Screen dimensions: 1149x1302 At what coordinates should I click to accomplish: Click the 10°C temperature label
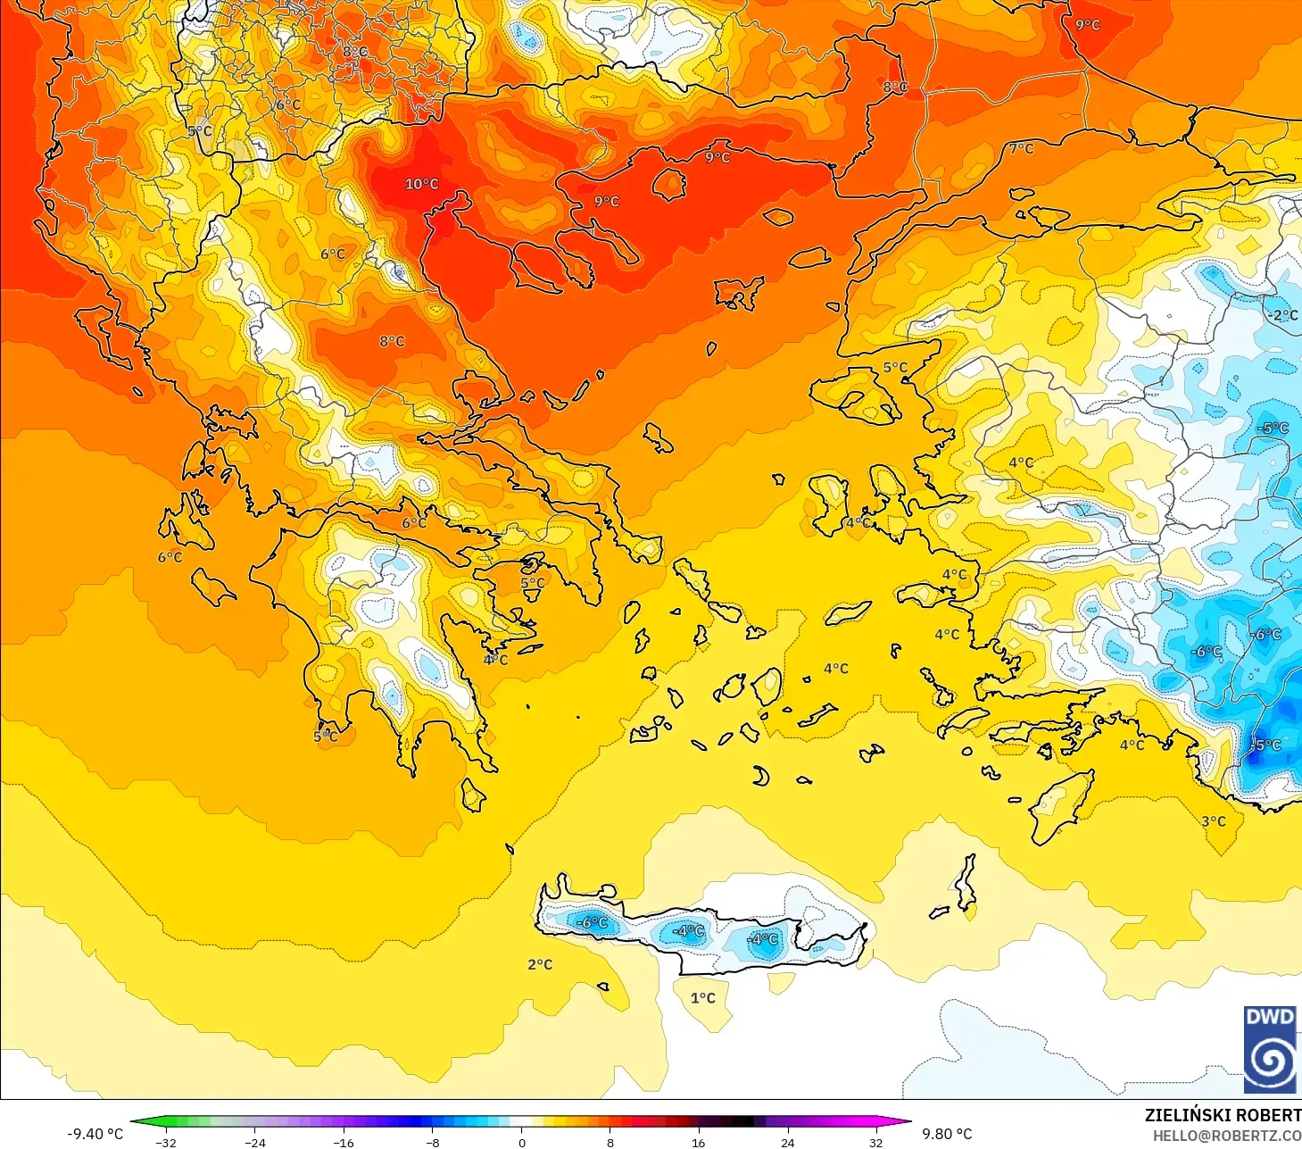pyautogui.click(x=421, y=184)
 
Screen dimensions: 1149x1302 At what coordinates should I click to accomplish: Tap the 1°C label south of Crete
pyautogui.click(x=702, y=997)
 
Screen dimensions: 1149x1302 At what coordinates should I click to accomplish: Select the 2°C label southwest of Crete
pyautogui.click(x=540, y=964)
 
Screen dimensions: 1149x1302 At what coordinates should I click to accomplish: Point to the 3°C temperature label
pyautogui.click(x=1213, y=821)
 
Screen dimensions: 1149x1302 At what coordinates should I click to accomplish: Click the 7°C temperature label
pyautogui.click(x=1021, y=148)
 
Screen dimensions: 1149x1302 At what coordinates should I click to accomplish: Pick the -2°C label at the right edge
pyautogui.click(x=1282, y=315)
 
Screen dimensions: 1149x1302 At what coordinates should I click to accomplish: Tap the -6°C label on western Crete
pyautogui.click(x=591, y=922)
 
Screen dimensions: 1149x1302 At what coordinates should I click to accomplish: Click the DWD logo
pyautogui.click(x=1270, y=1049)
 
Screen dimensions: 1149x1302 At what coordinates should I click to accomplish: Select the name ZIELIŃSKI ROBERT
pyautogui.click(x=1222, y=1115)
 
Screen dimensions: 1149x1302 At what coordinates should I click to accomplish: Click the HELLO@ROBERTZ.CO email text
pyautogui.click(x=1226, y=1136)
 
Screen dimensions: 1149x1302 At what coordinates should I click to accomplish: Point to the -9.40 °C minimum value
pyautogui.click(x=95, y=1134)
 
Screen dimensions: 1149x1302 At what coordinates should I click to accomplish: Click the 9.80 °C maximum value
pyautogui.click(x=947, y=1134)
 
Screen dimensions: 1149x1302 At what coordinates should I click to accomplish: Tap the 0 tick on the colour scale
pyautogui.click(x=522, y=1142)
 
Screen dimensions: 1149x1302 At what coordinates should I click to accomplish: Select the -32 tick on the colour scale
pyautogui.click(x=166, y=1142)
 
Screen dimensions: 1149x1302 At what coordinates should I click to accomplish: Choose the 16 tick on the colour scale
pyautogui.click(x=699, y=1142)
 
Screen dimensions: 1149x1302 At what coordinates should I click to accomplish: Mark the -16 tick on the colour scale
pyautogui.click(x=344, y=1142)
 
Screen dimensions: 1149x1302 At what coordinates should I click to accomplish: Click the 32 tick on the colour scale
pyautogui.click(x=876, y=1142)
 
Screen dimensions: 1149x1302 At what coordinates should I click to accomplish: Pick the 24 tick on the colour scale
pyautogui.click(x=787, y=1142)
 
